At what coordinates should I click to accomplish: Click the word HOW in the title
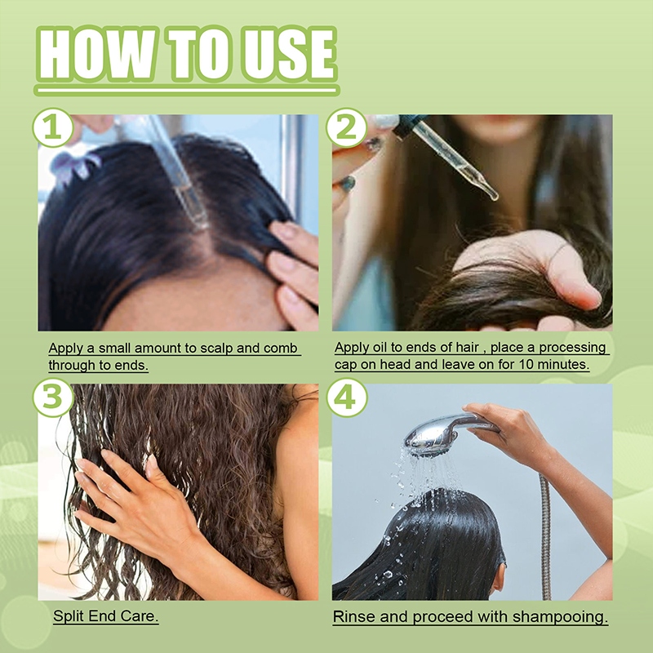click(96, 54)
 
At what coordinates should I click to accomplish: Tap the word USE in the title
click(288, 54)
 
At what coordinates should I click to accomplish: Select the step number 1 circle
click(53, 127)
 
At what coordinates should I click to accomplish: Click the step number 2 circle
click(346, 127)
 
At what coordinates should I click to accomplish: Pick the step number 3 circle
click(53, 397)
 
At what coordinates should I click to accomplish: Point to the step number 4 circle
click(346, 397)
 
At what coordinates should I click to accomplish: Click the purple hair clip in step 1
click(74, 166)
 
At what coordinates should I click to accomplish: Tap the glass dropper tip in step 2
click(493, 195)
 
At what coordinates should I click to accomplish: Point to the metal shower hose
click(545, 537)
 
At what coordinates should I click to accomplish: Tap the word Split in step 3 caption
click(67, 615)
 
